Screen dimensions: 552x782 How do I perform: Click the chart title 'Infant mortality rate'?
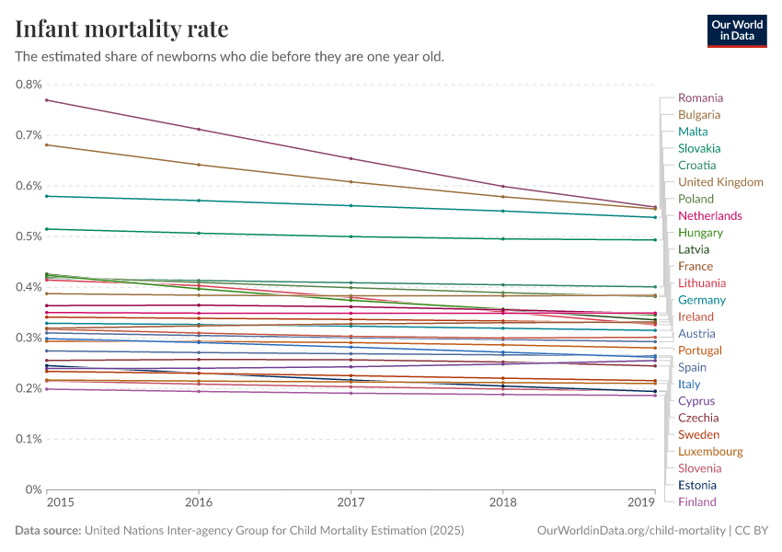click(121, 29)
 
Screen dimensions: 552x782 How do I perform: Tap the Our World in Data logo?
click(737, 30)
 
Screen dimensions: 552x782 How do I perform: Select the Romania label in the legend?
click(700, 98)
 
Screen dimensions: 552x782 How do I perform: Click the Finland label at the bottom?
click(696, 501)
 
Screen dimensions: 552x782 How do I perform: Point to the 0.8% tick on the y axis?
click(29, 85)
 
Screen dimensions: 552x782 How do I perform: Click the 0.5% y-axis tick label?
click(29, 236)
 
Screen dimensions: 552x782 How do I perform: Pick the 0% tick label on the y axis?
click(34, 489)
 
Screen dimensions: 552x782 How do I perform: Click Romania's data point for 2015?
click(47, 100)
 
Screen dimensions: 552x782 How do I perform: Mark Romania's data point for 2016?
click(199, 130)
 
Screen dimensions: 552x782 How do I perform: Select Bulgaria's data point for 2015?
click(47, 144)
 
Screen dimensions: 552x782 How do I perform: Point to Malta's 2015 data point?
click(47, 196)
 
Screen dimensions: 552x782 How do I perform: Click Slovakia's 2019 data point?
click(654, 240)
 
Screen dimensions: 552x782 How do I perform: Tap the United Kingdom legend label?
click(720, 182)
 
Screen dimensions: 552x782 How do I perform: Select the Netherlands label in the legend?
click(709, 215)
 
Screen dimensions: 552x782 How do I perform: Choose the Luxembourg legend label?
click(710, 451)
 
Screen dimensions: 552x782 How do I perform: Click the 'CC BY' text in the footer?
click(753, 531)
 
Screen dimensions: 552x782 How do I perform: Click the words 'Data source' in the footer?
click(47, 531)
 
